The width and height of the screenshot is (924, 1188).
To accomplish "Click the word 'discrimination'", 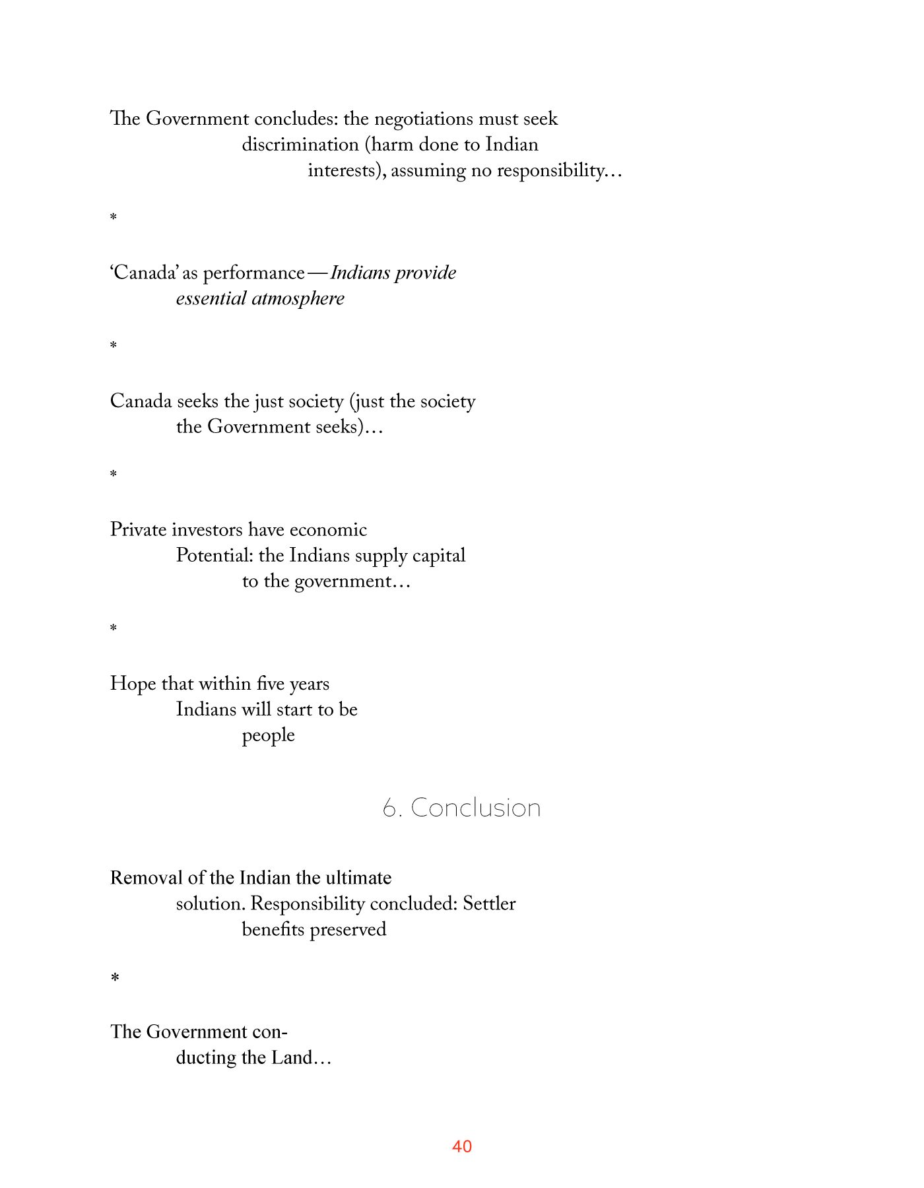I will [x=300, y=145].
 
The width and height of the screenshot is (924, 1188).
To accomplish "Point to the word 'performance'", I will [x=253, y=273].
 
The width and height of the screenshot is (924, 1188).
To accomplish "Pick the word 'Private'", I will [x=139, y=530].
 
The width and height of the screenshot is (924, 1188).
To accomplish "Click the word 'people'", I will [x=268, y=736].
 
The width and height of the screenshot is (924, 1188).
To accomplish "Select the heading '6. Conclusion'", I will [x=461, y=808].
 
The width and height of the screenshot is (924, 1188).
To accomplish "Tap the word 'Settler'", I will [x=489, y=904].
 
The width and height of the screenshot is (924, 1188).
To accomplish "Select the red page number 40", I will [x=462, y=1146].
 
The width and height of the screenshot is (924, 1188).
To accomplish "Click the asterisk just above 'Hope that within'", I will [x=114, y=628].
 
